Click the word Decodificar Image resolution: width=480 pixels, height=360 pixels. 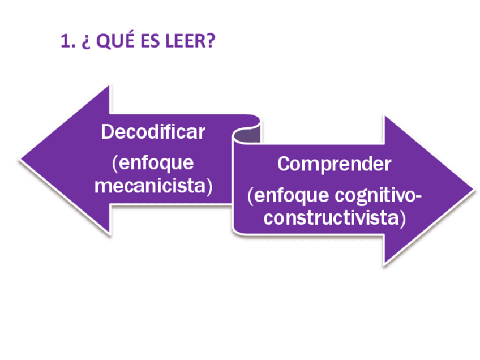(x=153, y=132)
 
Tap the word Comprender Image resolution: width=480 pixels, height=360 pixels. (x=334, y=164)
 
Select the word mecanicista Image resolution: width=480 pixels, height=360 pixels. (x=150, y=186)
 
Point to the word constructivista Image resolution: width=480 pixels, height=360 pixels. (x=331, y=218)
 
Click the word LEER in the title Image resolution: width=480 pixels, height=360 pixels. (x=186, y=42)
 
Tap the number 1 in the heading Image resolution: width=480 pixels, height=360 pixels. (x=65, y=42)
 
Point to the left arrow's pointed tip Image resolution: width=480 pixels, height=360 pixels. (x=22, y=160)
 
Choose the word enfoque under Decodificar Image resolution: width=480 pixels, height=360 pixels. (x=156, y=163)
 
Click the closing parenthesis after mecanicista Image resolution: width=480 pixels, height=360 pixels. (x=209, y=186)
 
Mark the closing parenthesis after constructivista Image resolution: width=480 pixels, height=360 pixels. (x=402, y=218)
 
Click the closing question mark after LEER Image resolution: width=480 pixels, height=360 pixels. (x=211, y=42)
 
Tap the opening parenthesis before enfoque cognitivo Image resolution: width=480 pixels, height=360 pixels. (x=251, y=196)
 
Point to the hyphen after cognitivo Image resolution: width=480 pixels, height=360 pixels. (x=419, y=196)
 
